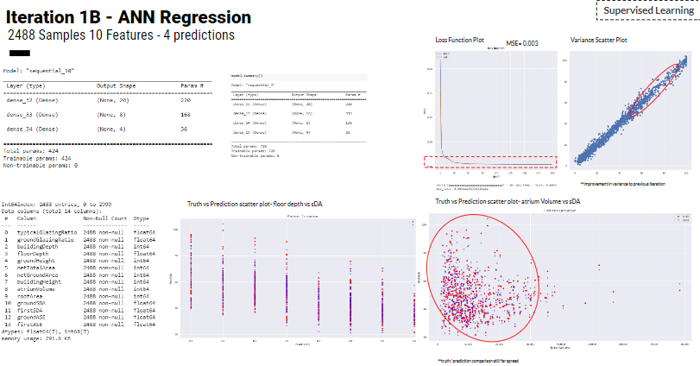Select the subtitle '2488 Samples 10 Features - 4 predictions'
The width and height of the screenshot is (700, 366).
pos(121,35)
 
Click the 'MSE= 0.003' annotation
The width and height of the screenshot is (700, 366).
pos(522,43)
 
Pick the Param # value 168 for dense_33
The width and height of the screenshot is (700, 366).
pos(185,114)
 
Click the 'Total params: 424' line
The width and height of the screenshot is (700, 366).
pos(31,151)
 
